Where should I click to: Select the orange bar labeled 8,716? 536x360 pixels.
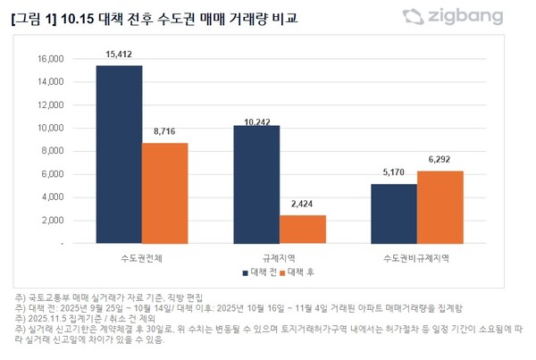click(x=164, y=193)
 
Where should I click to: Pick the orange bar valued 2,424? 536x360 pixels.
click(x=303, y=229)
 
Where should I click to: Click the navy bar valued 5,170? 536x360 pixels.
click(x=394, y=213)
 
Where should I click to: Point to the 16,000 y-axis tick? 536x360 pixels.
click(x=50, y=59)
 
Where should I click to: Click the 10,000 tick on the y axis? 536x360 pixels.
click(x=50, y=128)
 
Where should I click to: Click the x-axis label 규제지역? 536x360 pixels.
click(x=279, y=256)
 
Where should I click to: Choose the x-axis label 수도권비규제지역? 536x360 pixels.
click(x=417, y=256)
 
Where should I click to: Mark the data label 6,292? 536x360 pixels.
click(x=441, y=161)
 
